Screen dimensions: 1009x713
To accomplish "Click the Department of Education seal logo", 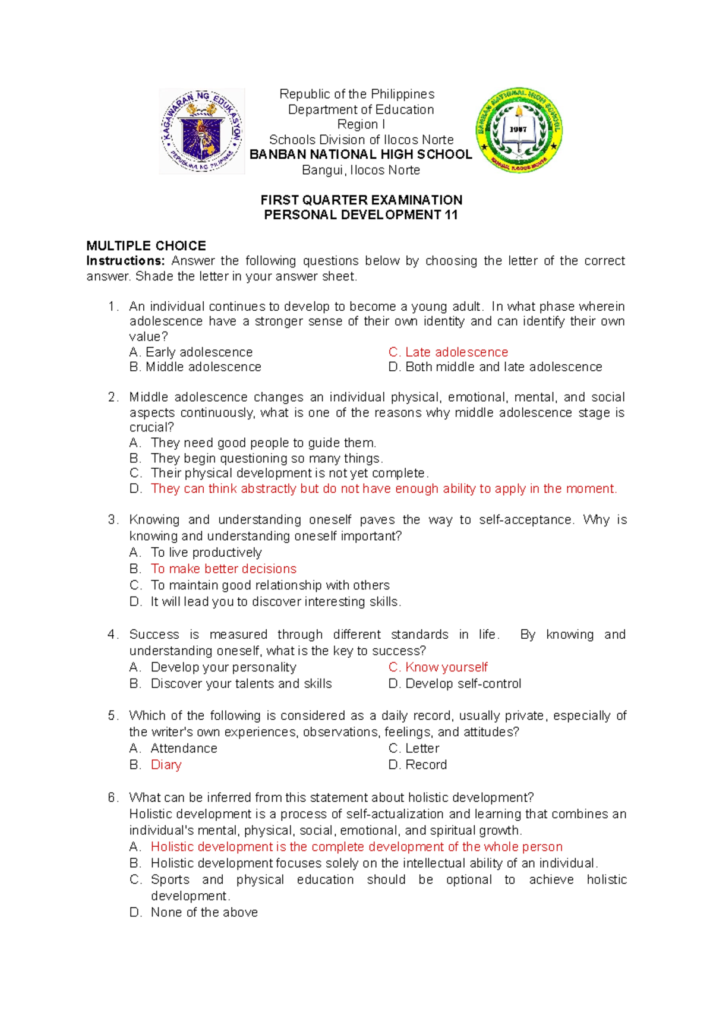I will pyautogui.click(x=201, y=131).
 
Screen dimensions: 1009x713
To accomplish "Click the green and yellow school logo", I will pyautogui.click(x=519, y=131).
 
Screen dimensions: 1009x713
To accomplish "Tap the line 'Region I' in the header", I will pyautogui.click(x=361, y=124).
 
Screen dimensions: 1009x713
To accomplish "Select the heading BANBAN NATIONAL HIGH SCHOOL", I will pyautogui.click(x=361, y=154).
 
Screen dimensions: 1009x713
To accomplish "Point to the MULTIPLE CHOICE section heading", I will pyautogui.click(x=146, y=245).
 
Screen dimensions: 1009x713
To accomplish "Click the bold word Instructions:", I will pyautogui.click(x=125, y=261).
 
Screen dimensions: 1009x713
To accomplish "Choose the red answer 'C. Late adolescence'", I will pyautogui.click(x=448, y=352).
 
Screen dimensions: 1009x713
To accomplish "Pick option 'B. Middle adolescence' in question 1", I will pyautogui.click(x=195, y=367).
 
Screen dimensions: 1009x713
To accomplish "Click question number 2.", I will pyautogui.click(x=113, y=397).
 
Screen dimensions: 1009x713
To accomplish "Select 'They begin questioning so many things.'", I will pyautogui.click(x=266, y=458).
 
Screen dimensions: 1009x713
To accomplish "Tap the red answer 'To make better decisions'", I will pyautogui.click(x=223, y=569).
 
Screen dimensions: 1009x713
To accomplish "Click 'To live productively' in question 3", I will pyautogui.click(x=206, y=552).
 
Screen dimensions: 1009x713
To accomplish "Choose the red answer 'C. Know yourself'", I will pyautogui.click(x=438, y=667).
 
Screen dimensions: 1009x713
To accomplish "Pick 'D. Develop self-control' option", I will pyautogui.click(x=455, y=683).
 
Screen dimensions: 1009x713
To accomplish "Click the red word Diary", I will pyautogui.click(x=166, y=765).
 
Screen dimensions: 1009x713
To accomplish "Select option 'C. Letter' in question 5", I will pyautogui.click(x=414, y=748).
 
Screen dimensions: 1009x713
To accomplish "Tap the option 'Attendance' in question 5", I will pyautogui.click(x=184, y=748).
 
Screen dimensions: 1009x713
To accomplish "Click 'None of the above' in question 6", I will pyautogui.click(x=204, y=912).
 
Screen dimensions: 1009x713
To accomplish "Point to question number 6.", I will pyautogui.click(x=113, y=797).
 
